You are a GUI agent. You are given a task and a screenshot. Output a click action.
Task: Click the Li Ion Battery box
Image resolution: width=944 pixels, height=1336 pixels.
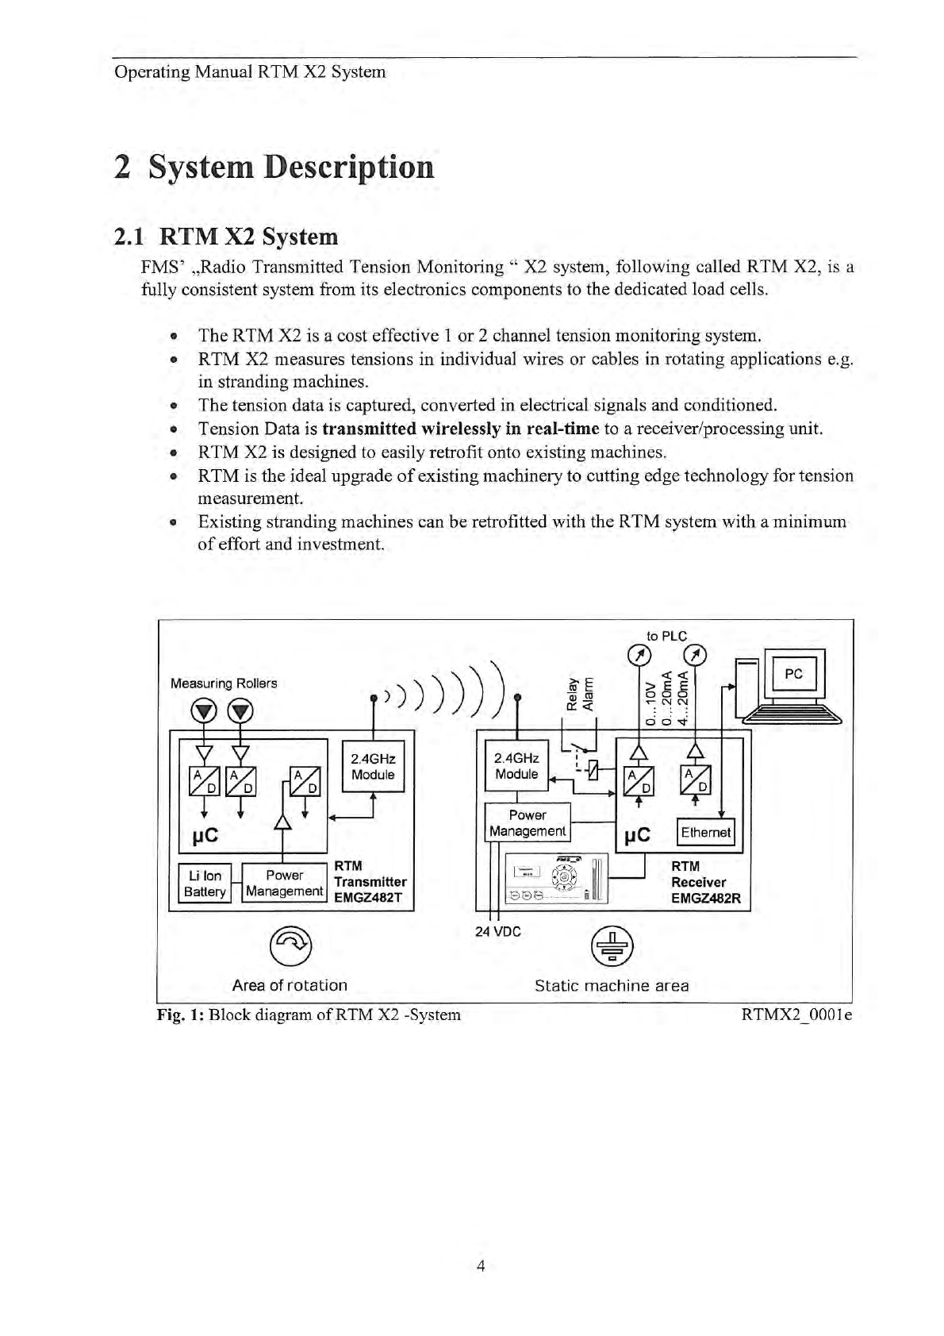click(205, 883)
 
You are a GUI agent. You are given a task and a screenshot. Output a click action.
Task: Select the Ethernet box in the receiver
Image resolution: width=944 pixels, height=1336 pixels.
click(705, 832)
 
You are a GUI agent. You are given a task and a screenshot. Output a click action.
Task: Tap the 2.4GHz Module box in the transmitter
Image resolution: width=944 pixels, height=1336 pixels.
click(373, 766)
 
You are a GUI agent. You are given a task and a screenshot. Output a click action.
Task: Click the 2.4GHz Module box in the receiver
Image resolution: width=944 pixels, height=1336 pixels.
click(516, 766)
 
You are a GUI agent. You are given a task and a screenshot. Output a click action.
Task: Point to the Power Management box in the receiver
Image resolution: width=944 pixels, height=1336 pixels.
click(528, 823)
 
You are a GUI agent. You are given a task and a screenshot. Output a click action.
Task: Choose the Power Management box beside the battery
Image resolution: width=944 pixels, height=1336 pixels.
click(284, 883)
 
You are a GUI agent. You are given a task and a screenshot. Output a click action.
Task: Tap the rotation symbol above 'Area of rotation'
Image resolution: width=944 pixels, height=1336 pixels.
click(290, 943)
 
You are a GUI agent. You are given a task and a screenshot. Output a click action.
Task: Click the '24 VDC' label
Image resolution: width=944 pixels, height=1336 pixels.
click(498, 931)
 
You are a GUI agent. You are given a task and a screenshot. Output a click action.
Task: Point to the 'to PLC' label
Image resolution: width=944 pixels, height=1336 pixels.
click(666, 636)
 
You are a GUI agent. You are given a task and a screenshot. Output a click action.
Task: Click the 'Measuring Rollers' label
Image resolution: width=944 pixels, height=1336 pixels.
click(224, 683)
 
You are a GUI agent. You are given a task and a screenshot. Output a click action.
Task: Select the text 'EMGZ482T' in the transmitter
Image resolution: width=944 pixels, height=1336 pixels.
click(368, 898)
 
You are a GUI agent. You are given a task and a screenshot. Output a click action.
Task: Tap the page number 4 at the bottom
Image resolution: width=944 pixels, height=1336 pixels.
click(480, 1265)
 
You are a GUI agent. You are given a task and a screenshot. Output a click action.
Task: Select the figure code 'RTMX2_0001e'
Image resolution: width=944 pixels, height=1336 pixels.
click(796, 1015)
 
